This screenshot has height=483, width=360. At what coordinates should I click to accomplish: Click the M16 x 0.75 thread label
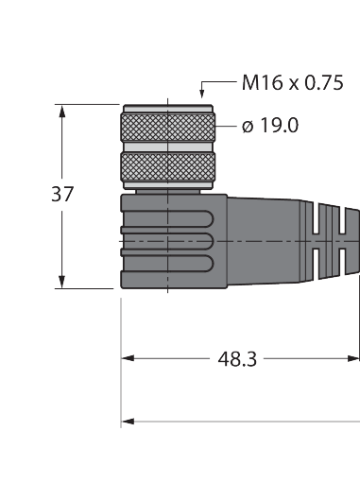(292, 83)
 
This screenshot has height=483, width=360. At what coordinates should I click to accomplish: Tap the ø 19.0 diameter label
(270, 126)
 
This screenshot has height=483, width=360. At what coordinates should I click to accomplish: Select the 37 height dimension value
(62, 194)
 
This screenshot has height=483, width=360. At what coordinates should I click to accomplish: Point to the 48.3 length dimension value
(237, 359)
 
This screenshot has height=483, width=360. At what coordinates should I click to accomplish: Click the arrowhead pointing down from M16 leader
(202, 94)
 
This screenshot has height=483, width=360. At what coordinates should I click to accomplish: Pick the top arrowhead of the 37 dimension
(62, 112)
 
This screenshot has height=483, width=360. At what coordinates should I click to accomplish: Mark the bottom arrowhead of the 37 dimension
(62, 282)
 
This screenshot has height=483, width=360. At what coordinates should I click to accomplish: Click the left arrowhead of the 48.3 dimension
(128, 358)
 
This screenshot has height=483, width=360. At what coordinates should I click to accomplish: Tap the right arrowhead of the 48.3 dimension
(353, 358)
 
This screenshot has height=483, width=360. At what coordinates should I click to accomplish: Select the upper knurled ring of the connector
(168, 128)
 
